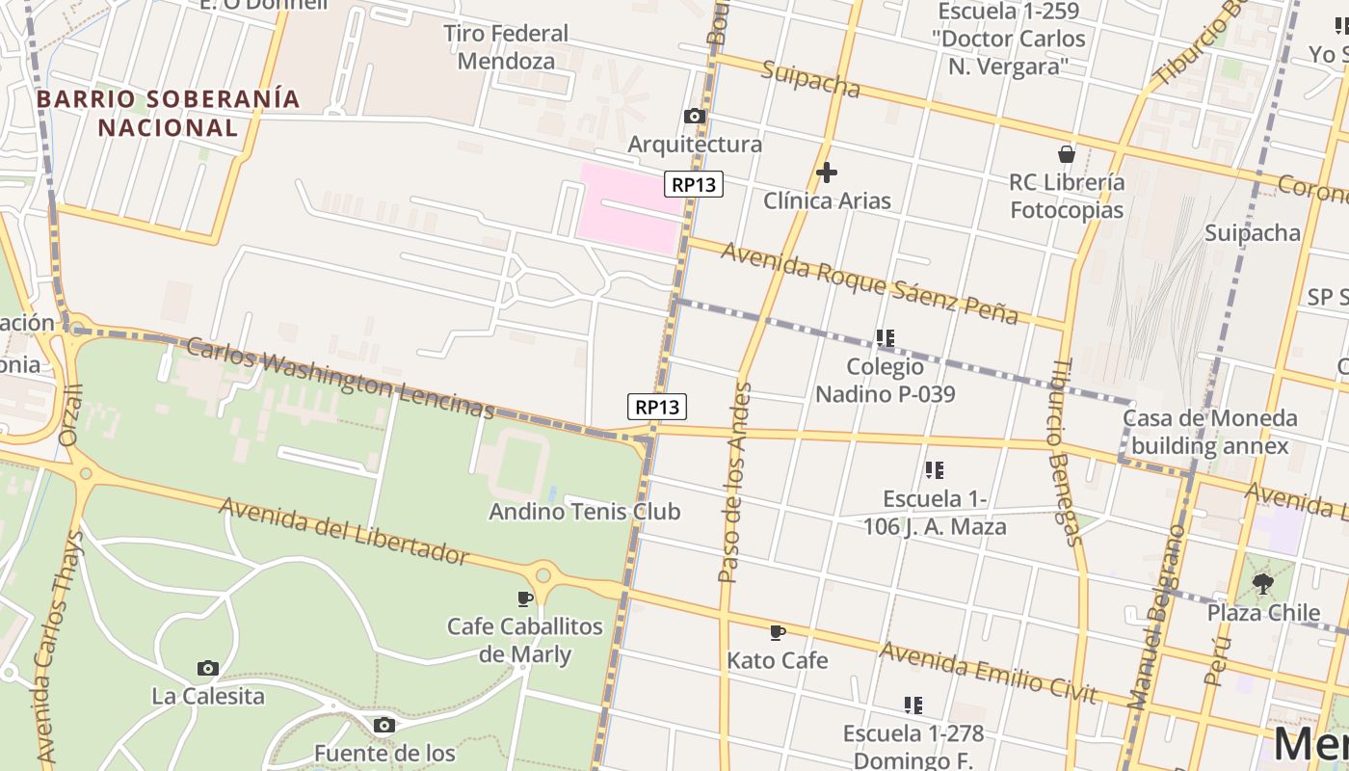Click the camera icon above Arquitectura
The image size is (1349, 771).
pos(694,117)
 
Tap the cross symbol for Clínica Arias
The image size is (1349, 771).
pos(826,173)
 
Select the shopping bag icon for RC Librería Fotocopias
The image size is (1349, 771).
pos(1066,154)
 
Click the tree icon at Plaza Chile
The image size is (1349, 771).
pos(1262,583)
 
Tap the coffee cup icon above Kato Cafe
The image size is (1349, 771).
pos(778,632)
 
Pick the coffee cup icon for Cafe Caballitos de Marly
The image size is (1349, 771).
pos(525,598)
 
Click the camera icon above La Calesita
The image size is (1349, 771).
pos(207,668)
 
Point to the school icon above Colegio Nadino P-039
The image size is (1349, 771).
pos(885,338)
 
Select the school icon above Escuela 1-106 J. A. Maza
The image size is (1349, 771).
pos(934,470)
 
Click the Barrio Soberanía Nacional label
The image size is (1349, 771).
pos(169,113)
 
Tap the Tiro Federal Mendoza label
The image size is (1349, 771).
pos(506,47)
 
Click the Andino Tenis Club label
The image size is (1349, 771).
pos(584,511)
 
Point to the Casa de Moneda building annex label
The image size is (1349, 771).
pos(1209,432)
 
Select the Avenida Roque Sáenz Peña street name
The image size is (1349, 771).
pos(869,282)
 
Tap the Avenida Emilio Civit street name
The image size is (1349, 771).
pos(988,673)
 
